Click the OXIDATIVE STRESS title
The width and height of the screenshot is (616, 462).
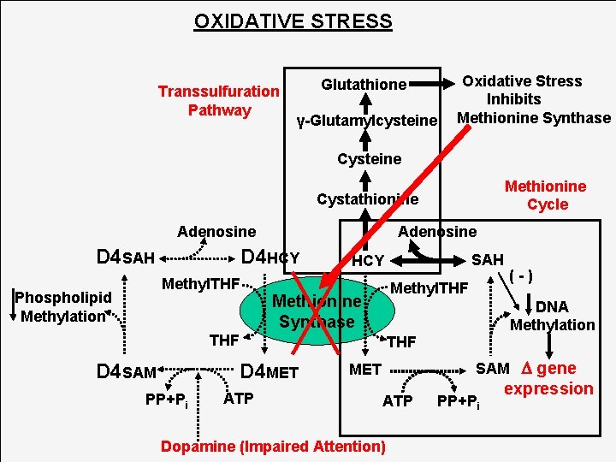pos(293,21)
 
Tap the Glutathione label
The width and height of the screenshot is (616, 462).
pos(364,85)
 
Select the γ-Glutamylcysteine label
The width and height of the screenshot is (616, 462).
pos(367,121)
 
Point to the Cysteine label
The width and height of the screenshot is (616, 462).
pos(369,159)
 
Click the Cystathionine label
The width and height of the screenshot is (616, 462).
pos(367,199)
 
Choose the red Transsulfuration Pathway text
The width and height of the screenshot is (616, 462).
pos(219,100)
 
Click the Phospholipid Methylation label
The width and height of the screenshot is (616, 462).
pos(65,306)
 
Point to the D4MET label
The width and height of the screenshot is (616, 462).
pos(269,371)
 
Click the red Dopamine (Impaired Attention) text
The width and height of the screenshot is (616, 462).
pos(274,446)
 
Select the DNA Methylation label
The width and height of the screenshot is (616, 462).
pos(552,316)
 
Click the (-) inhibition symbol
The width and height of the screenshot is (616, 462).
pos(521,275)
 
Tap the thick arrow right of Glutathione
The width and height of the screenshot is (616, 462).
pos(435,85)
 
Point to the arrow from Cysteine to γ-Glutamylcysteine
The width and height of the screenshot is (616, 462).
pos(365,139)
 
